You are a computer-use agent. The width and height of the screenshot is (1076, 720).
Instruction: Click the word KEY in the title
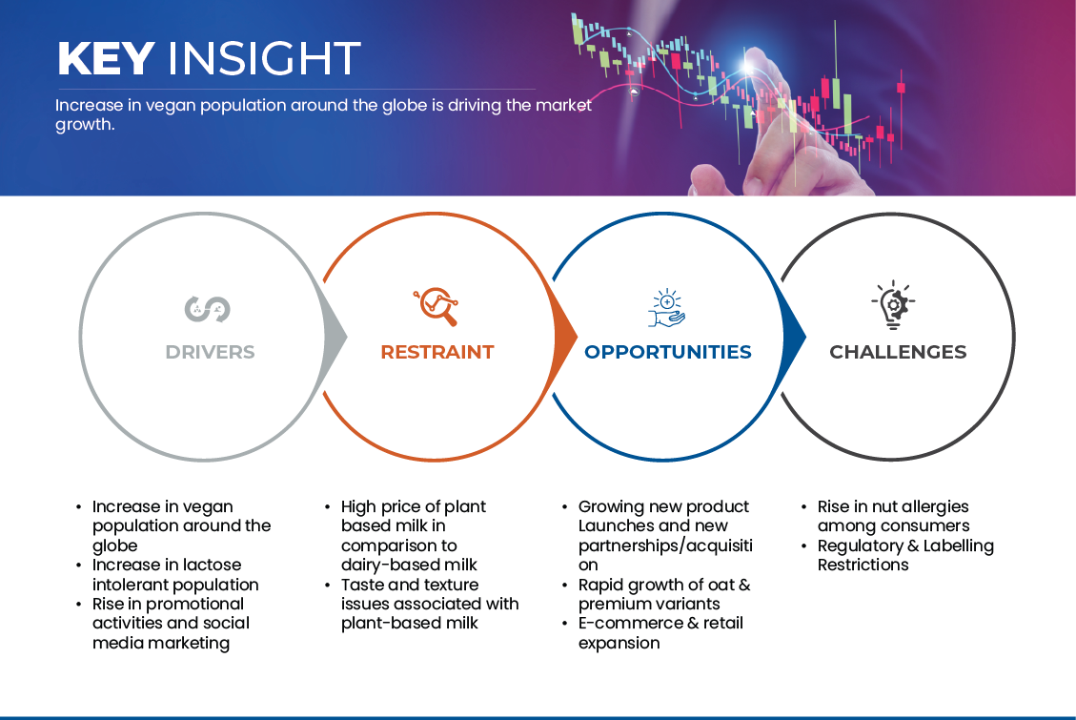pyautogui.click(x=106, y=58)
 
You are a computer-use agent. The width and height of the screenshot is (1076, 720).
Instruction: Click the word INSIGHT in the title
pyautogui.click(x=264, y=58)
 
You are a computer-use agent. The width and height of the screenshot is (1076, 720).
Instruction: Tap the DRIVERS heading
pyautogui.click(x=210, y=352)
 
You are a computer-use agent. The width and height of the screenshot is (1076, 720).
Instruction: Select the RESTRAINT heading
pyautogui.click(x=437, y=352)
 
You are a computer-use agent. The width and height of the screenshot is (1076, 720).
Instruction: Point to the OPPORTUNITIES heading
pyautogui.click(x=668, y=352)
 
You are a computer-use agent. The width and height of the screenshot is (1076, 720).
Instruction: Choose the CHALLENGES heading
pyautogui.click(x=898, y=352)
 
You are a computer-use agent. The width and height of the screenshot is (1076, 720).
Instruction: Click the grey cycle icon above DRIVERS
pyautogui.click(x=207, y=309)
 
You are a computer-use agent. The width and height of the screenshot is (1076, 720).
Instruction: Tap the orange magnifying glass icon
pyautogui.click(x=436, y=306)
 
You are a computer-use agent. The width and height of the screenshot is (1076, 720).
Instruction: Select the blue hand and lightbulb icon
pyautogui.click(x=667, y=308)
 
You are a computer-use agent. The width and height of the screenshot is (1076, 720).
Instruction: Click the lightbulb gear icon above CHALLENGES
pyautogui.click(x=893, y=305)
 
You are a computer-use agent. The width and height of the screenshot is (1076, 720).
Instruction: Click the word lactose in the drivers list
pyautogui.click(x=212, y=565)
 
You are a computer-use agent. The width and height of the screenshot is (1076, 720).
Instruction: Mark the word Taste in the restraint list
pyautogui.click(x=362, y=585)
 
